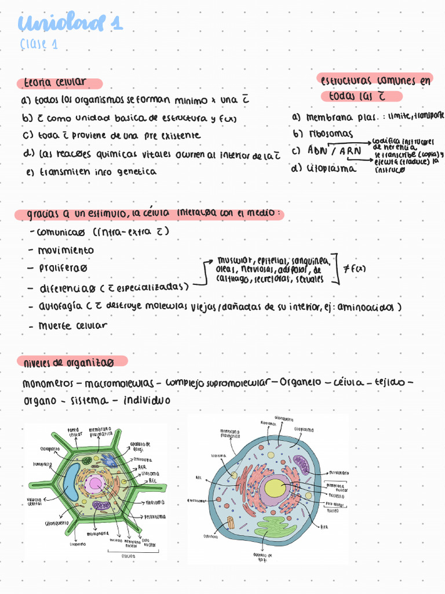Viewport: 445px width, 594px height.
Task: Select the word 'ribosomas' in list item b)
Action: (328, 133)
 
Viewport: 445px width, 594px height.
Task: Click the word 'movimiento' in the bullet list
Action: (65, 250)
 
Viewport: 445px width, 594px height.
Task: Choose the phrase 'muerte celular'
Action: (72, 325)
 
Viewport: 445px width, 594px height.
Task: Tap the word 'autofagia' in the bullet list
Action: (60, 306)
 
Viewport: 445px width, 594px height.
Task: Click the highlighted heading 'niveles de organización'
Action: (68, 362)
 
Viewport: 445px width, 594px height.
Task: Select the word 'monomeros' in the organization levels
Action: (48, 383)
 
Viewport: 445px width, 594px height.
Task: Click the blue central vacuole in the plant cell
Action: (72, 481)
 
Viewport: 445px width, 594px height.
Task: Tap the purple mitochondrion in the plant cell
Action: (102, 505)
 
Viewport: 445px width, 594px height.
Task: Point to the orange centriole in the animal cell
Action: (231, 522)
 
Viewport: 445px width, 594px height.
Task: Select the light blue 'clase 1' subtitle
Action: (38, 45)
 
